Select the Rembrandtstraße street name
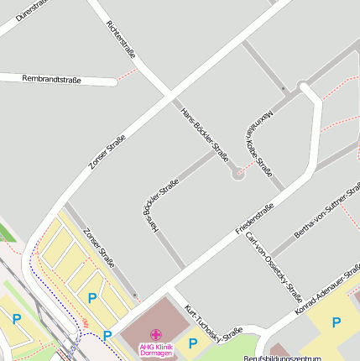(52, 80)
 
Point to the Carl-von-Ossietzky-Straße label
(272, 264)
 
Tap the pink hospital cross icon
(156, 334)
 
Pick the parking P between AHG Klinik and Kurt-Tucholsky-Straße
(193, 343)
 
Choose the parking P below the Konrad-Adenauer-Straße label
(337, 322)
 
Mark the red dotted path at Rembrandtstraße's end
(127, 76)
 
